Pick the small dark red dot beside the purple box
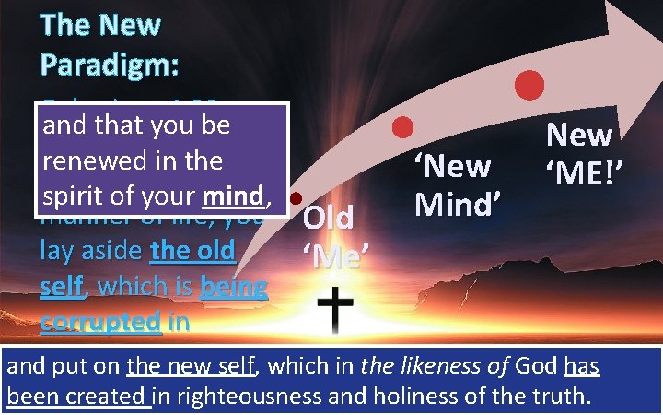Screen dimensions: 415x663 (x=297, y=198)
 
